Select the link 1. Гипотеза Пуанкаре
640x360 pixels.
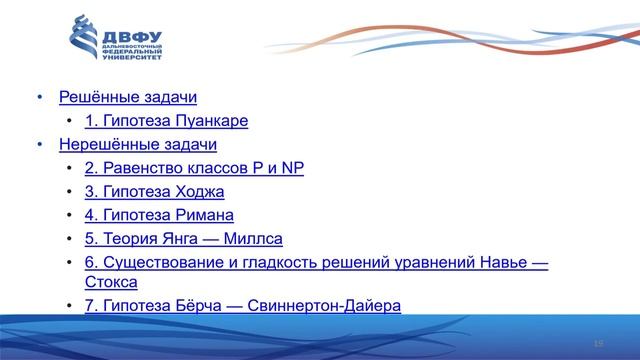coord(166,122)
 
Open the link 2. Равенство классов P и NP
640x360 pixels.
coord(194,168)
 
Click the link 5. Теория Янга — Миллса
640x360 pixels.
coord(183,239)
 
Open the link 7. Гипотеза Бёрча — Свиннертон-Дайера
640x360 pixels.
coord(243,305)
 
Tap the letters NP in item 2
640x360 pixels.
coord(292,168)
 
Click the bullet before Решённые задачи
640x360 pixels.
coord(41,98)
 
